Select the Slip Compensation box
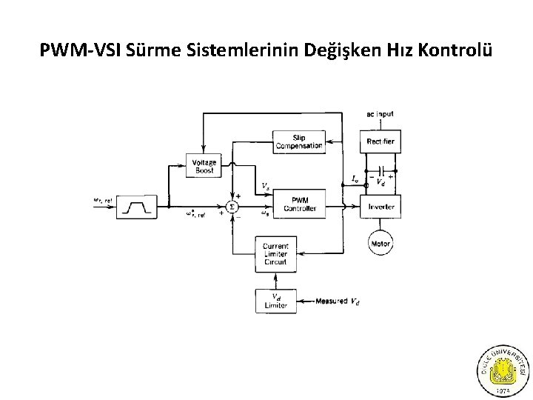[x=298, y=141]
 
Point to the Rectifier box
[x=381, y=141]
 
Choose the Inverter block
[x=381, y=207]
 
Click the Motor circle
[x=381, y=242]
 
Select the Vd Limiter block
[x=275, y=301]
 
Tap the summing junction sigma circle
[x=232, y=206]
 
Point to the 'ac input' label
[x=380, y=114]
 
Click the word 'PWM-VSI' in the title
[x=80, y=53]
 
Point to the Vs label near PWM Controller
[x=265, y=184]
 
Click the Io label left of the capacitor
[x=356, y=179]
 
